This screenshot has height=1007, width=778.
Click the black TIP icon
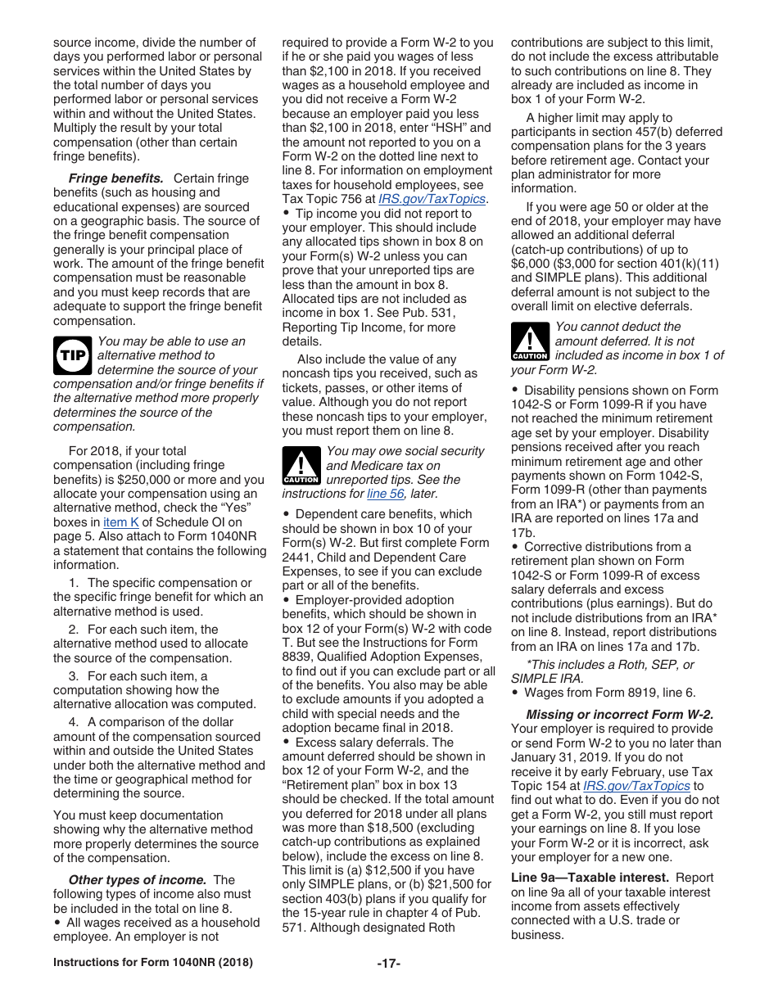[x=72, y=355]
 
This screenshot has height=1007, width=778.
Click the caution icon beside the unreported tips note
[x=301, y=466]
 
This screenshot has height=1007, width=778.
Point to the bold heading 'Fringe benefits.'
[x=115, y=178]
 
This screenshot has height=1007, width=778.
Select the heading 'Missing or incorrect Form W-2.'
[x=619, y=714]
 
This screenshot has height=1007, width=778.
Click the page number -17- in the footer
[x=388, y=964]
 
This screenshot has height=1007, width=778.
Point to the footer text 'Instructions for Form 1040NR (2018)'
[x=153, y=963]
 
